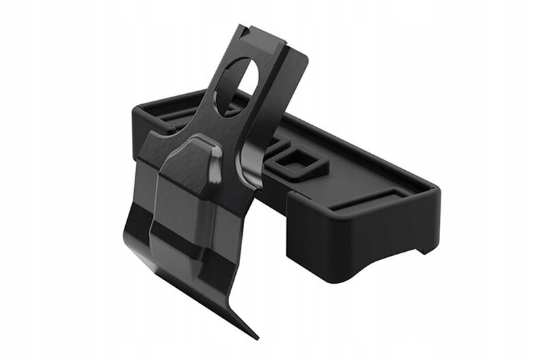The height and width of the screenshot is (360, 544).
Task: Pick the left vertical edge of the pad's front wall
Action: tap(289, 225)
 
